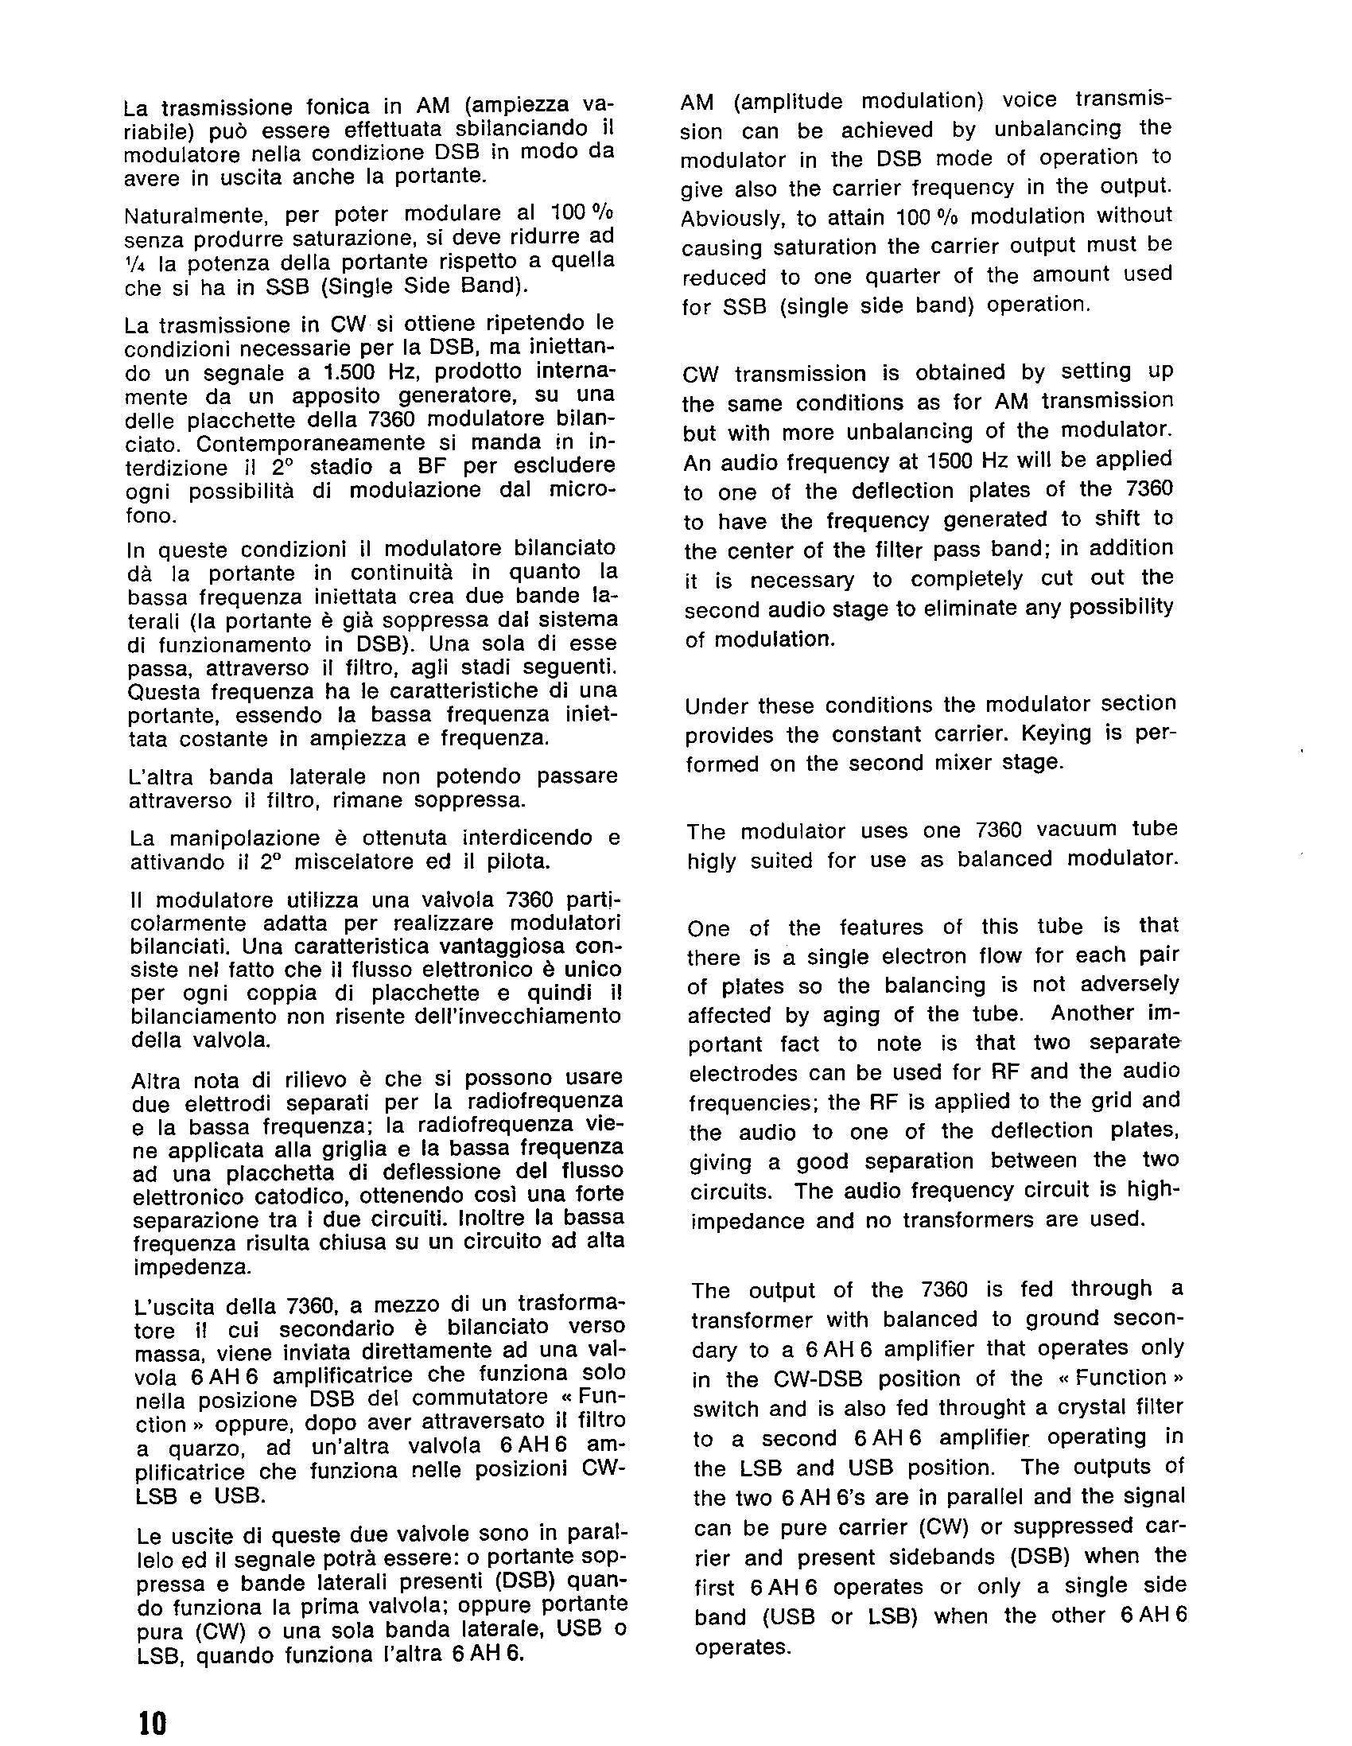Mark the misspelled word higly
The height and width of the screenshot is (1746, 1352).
point(711,861)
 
